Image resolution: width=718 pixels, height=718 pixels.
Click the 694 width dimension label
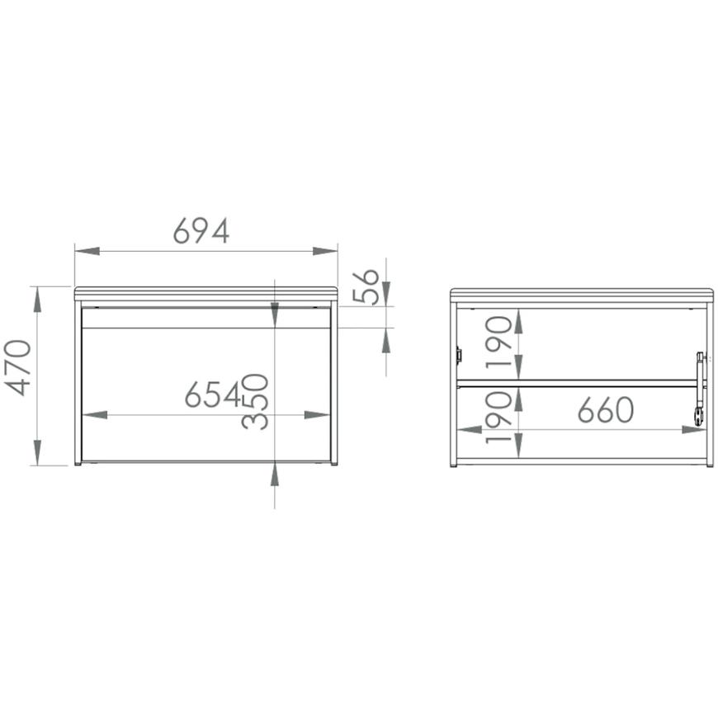201,231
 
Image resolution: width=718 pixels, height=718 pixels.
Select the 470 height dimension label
18,368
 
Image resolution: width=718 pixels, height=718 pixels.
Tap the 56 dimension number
366,287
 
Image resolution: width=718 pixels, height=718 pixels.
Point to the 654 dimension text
213,394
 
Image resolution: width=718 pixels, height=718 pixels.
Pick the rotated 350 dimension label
255,402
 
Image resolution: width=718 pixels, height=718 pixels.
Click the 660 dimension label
606,410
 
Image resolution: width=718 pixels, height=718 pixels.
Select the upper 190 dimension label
498,342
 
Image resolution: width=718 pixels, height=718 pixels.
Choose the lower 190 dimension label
498,417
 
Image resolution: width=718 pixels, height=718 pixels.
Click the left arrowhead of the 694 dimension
87,251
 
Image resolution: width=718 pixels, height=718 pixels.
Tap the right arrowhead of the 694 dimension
325,251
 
